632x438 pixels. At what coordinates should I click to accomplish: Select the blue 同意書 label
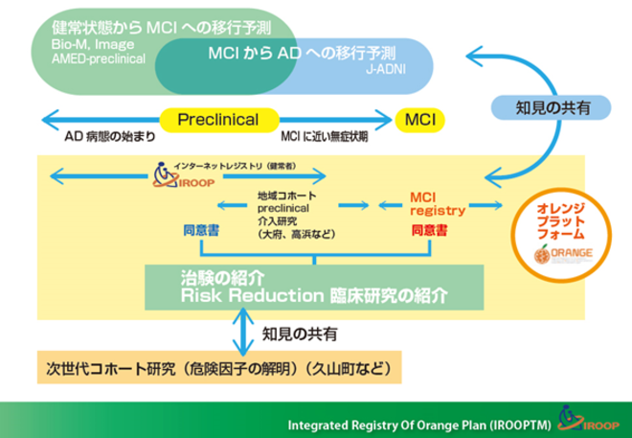coord(202,231)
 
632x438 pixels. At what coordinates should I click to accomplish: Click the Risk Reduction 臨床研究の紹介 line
coord(314,296)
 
